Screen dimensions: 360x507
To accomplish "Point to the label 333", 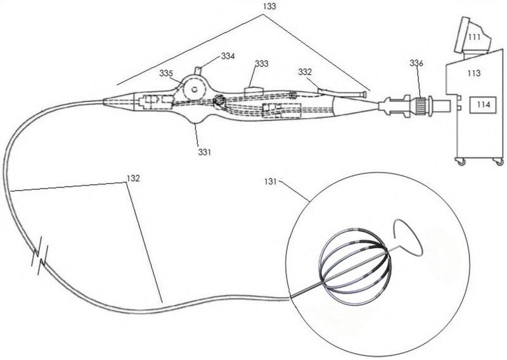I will [261, 64].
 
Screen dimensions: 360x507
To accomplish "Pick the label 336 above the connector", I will [416, 64].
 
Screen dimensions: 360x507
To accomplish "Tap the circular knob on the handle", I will [194, 91].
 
